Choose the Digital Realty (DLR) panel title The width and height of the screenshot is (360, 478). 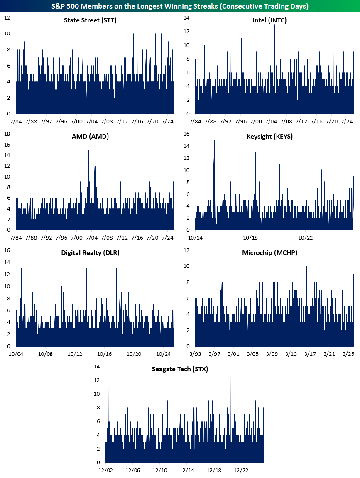point(90,252)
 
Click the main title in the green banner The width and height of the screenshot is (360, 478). point(180,6)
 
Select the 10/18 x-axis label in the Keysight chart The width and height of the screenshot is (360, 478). point(250,238)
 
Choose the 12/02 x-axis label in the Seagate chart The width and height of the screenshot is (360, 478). point(105,470)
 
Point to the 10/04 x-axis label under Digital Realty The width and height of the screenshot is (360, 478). point(16,354)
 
